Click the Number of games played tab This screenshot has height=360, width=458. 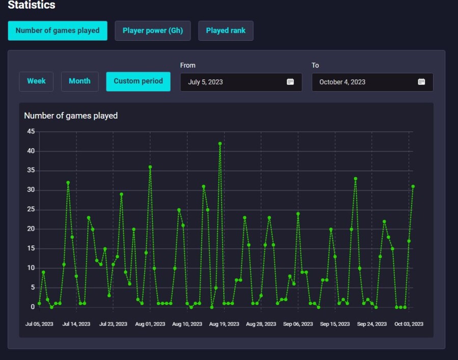(x=58, y=31)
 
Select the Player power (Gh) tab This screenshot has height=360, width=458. (x=153, y=31)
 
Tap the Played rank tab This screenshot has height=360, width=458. (x=226, y=31)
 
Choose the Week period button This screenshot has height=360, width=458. (x=36, y=81)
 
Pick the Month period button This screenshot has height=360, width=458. (x=80, y=81)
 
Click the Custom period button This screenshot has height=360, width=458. (x=138, y=81)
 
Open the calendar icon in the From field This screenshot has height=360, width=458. (x=290, y=82)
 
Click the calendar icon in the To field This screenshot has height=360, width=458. (x=421, y=82)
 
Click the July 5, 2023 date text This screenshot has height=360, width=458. (x=205, y=82)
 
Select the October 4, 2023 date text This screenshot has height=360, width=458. (x=342, y=82)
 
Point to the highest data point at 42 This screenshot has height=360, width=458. (x=220, y=144)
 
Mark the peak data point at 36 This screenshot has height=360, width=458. (x=150, y=167)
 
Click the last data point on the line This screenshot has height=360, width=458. (x=413, y=186)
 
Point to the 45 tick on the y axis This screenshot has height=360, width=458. (x=31, y=131)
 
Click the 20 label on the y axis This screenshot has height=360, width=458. (x=31, y=229)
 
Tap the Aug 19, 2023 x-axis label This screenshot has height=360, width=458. (x=224, y=324)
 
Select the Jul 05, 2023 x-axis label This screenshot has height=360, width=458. (x=39, y=324)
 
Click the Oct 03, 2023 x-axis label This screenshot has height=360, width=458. (x=409, y=324)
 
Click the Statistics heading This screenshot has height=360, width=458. (x=32, y=5)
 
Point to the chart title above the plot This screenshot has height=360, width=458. (x=71, y=116)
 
